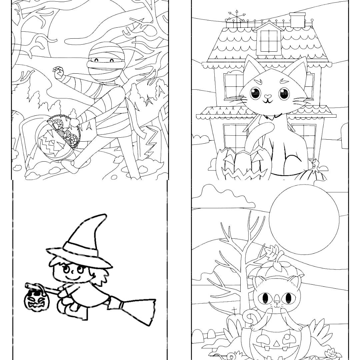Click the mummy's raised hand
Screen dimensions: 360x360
click(x=59, y=72)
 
